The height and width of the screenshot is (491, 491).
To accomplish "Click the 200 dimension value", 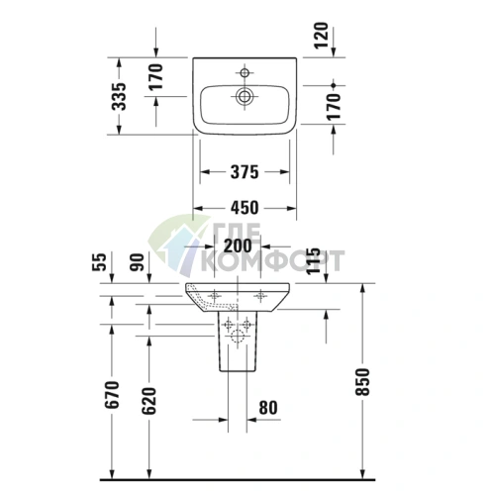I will [237, 245].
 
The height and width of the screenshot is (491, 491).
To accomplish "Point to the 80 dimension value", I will [267, 406].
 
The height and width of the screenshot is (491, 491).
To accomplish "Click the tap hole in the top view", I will [243, 72].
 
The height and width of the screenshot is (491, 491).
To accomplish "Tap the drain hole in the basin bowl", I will [243, 97].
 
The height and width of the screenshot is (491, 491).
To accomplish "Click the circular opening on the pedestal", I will [237, 338].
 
